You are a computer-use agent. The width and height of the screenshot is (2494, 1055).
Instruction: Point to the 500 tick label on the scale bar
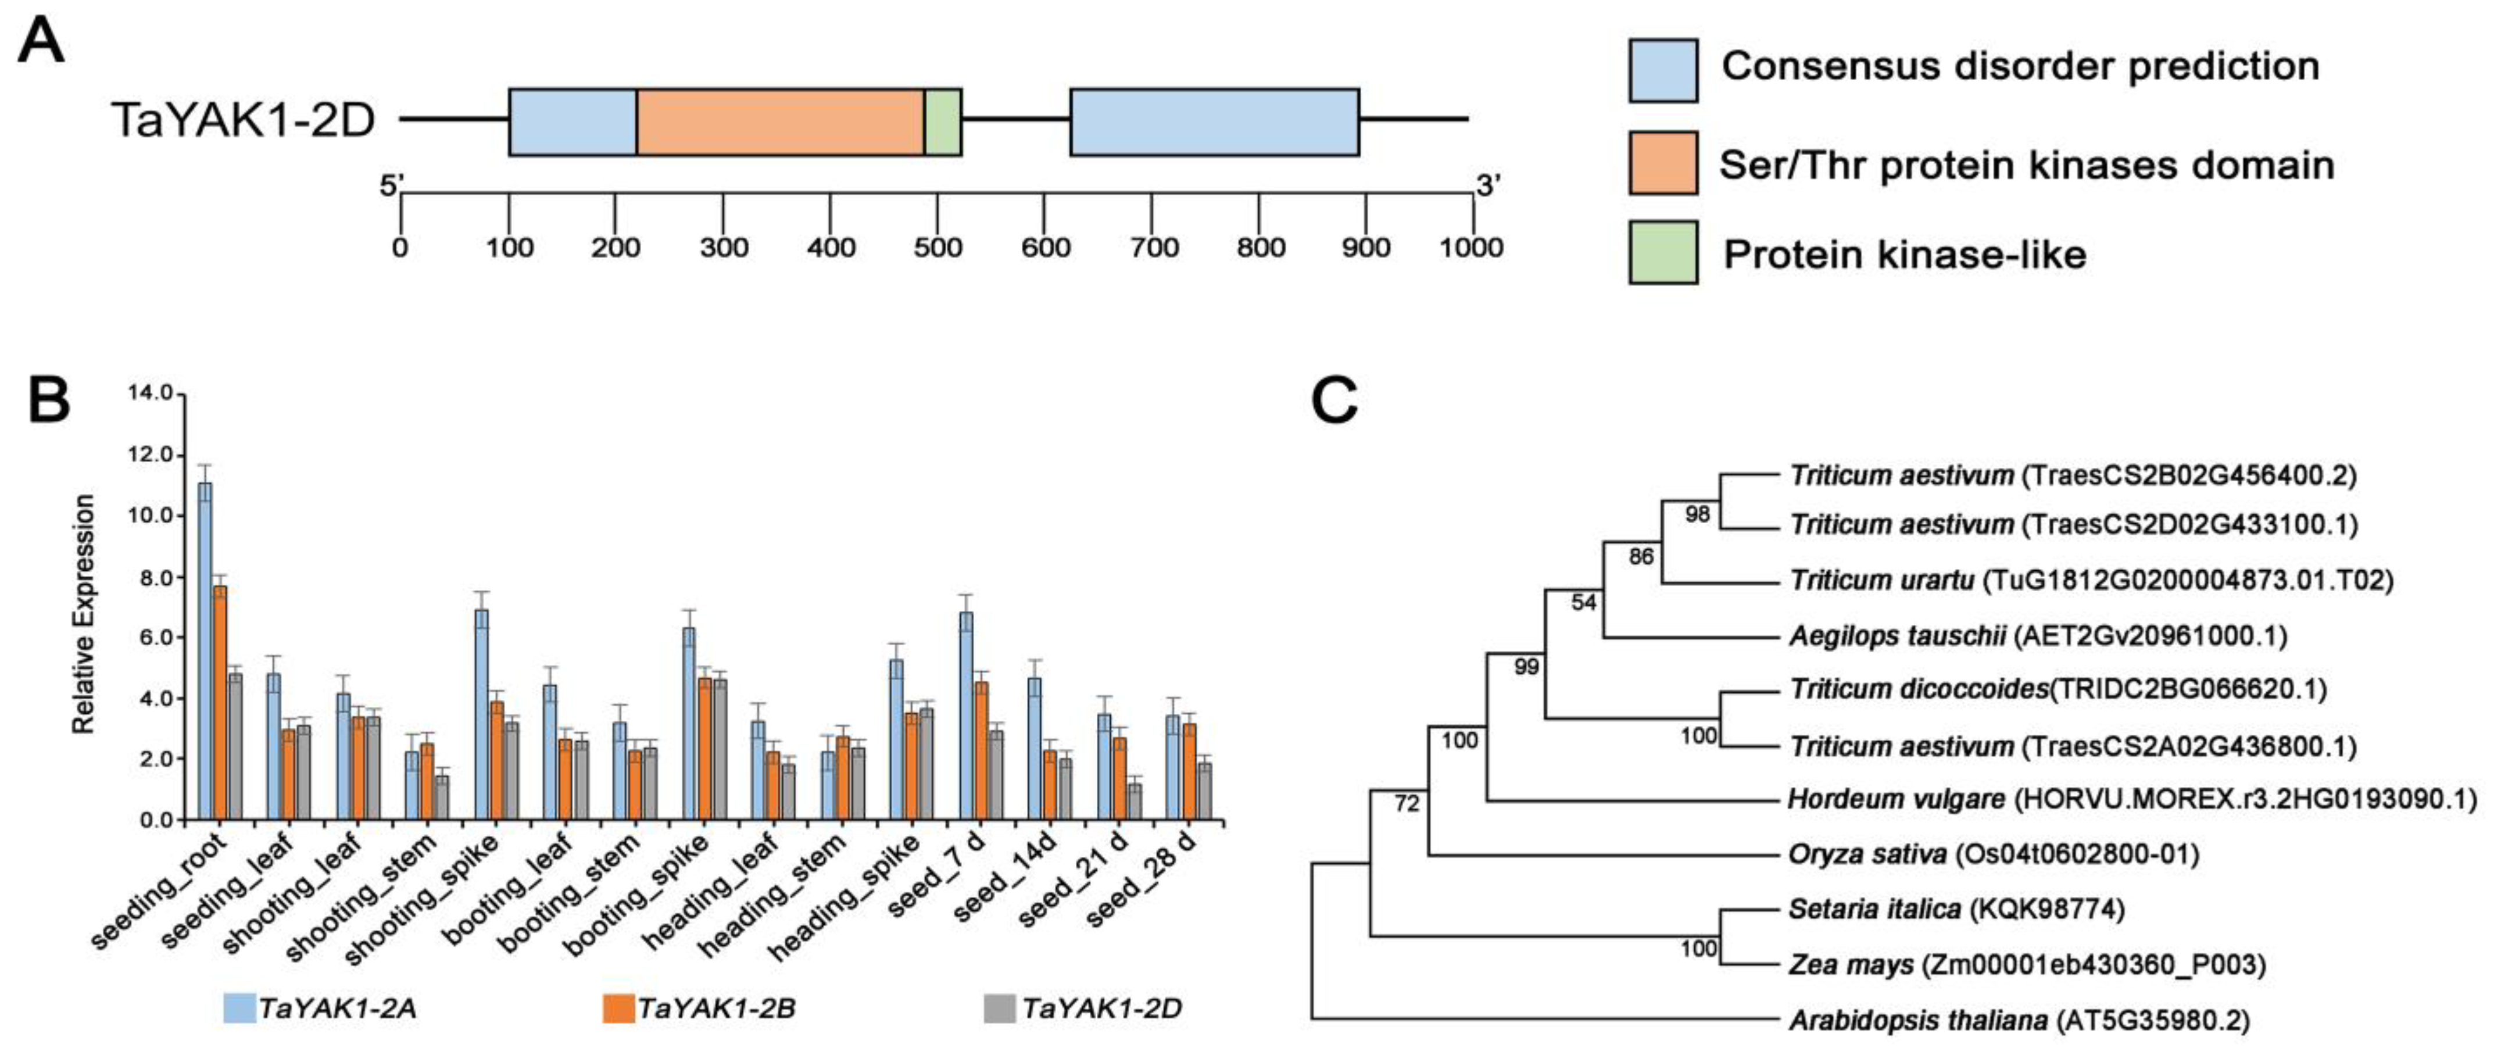point(937,248)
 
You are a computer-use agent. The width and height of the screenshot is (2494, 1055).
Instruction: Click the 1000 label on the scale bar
point(1470,248)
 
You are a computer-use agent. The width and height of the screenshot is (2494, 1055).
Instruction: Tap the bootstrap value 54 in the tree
point(1583,603)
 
